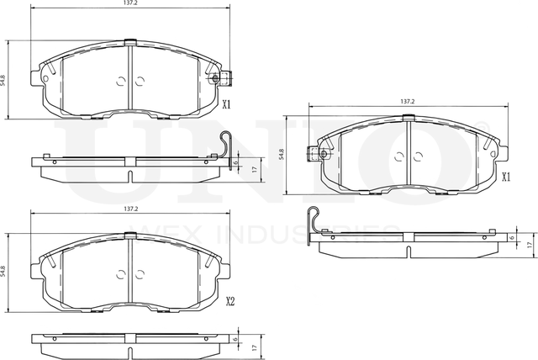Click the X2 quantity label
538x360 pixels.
point(229,300)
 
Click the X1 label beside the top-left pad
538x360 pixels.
point(226,105)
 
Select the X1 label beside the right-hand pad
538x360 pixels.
point(506,177)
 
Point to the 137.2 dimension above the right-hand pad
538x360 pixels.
point(408,101)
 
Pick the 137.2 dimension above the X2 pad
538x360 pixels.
point(130,209)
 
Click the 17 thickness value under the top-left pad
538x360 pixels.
point(254,169)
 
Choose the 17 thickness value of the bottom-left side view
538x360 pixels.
point(254,346)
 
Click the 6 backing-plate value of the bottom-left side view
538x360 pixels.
point(236,340)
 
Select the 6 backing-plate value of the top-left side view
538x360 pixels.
point(236,163)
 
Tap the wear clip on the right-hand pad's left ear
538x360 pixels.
point(317,154)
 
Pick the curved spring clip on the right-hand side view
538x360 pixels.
point(314,223)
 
